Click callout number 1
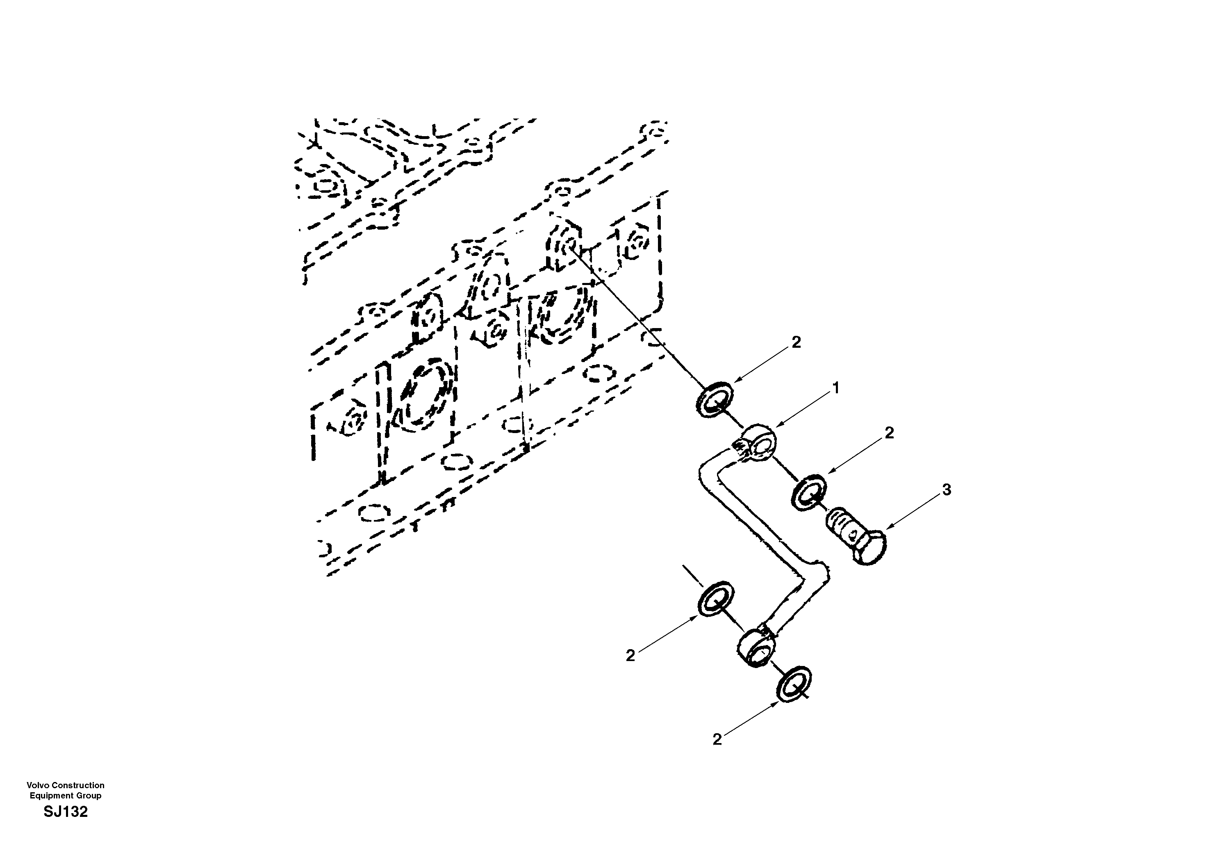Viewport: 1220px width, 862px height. [x=835, y=388]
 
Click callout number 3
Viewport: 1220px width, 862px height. [x=946, y=490]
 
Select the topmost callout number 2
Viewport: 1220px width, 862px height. [x=795, y=343]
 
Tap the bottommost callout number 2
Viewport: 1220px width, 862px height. [x=717, y=739]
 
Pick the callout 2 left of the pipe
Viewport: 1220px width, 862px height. [x=630, y=656]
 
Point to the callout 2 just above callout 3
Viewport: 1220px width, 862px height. [x=889, y=433]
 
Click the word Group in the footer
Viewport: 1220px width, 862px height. [x=89, y=796]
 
